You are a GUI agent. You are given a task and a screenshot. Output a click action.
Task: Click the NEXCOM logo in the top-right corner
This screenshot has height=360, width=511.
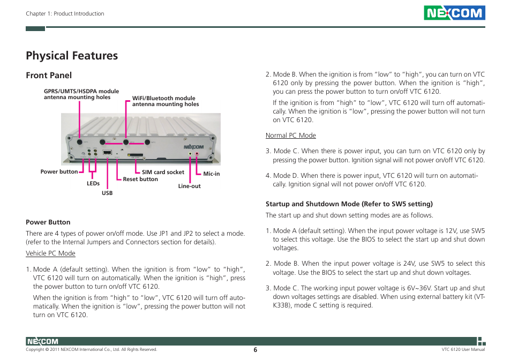coord(454,13)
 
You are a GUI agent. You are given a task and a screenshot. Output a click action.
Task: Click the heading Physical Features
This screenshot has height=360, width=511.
coord(72,56)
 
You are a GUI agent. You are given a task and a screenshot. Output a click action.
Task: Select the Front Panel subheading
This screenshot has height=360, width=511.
coord(49,76)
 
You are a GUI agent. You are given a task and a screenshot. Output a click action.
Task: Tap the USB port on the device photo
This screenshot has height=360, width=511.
coord(107,153)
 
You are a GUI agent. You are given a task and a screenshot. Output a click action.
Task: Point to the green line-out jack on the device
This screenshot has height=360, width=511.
coord(190,154)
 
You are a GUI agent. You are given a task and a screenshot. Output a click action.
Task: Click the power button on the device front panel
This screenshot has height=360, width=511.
coord(83,153)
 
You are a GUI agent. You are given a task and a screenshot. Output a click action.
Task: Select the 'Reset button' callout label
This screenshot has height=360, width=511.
coord(140,179)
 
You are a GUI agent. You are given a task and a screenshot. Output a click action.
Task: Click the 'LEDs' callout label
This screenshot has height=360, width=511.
coord(93,184)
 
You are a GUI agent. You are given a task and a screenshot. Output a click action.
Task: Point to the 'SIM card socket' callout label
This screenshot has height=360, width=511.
coord(163,172)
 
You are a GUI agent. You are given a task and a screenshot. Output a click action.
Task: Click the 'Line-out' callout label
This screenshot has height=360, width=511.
coord(190,186)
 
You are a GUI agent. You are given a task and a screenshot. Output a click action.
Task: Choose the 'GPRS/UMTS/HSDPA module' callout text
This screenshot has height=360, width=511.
coord(81,92)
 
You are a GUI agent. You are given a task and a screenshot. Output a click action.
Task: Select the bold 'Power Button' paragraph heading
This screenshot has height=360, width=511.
coord(48,222)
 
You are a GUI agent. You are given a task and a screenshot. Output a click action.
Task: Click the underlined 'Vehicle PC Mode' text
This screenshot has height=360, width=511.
coord(50,253)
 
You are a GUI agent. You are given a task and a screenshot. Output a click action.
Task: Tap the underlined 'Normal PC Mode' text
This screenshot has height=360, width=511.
coord(291,136)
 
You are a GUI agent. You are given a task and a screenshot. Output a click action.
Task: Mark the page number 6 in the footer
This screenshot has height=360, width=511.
coord(255,349)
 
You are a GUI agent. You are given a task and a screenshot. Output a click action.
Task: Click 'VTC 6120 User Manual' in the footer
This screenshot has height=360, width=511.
coord(459,349)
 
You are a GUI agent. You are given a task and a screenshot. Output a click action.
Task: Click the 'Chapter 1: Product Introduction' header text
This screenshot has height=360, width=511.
coord(65,14)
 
